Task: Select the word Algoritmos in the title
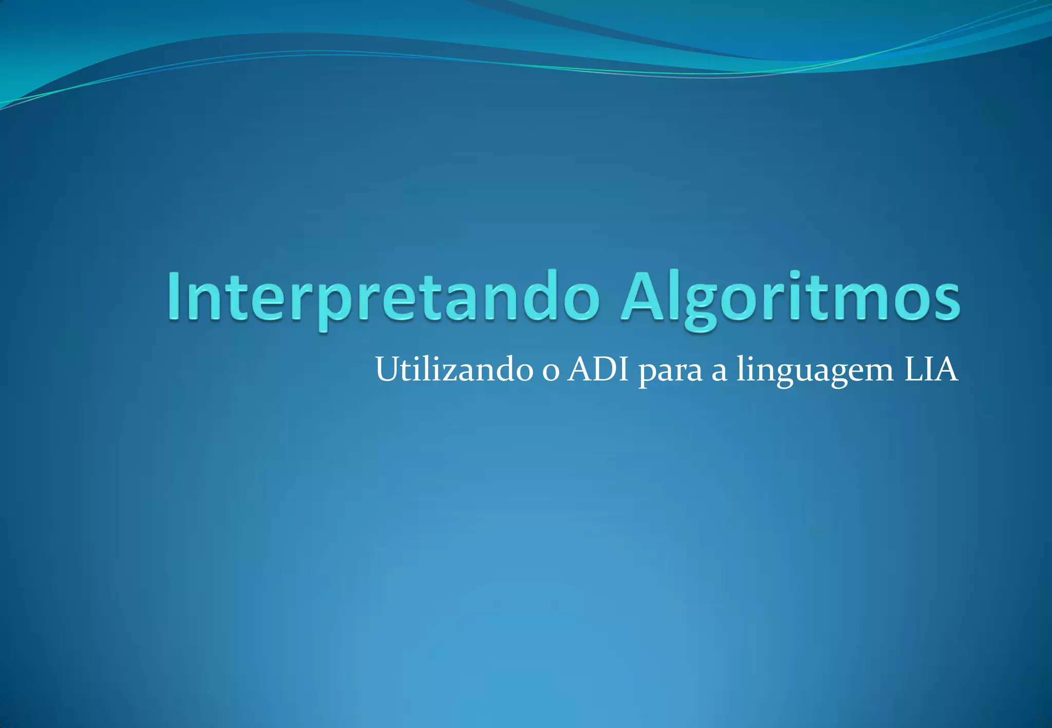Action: [790, 297]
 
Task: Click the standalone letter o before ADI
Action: [551, 372]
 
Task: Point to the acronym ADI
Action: [598, 369]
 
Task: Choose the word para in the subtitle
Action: [670, 372]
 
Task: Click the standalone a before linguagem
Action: [719, 372]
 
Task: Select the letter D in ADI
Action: [602, 369]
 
